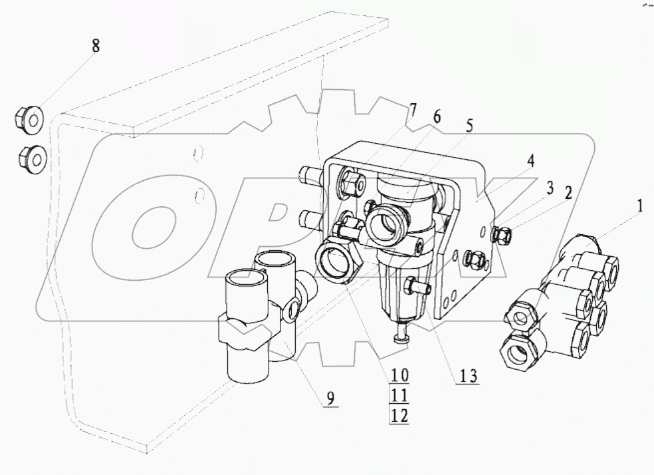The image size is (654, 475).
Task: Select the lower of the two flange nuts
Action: (x=29, y=157)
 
